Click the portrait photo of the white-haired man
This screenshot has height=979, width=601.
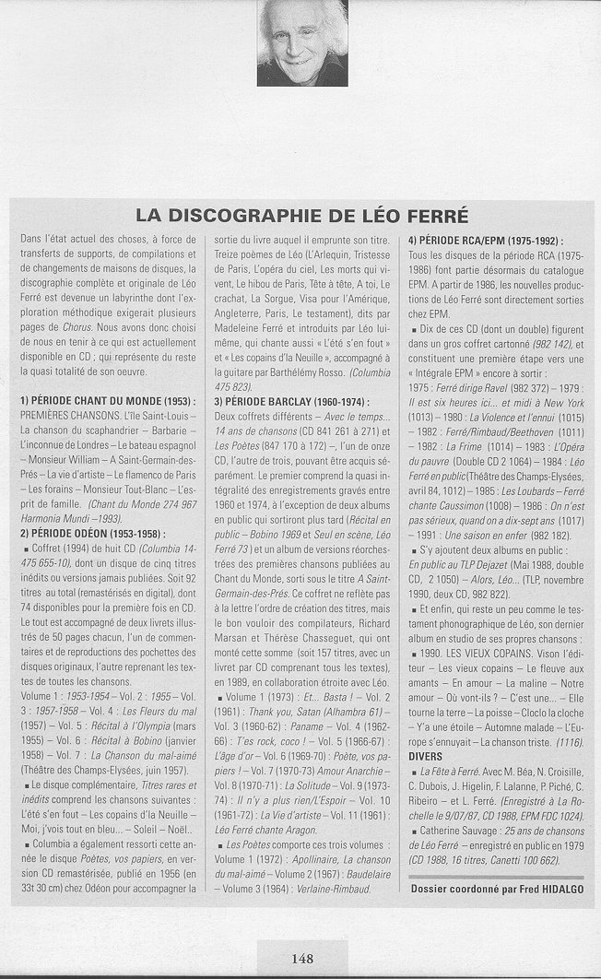tap(302, 43)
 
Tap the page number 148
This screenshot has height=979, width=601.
tap(302, 958)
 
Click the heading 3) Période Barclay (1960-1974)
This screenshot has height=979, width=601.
tap(291, 402)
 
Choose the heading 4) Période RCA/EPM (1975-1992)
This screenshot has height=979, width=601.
tap(486, 241)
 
